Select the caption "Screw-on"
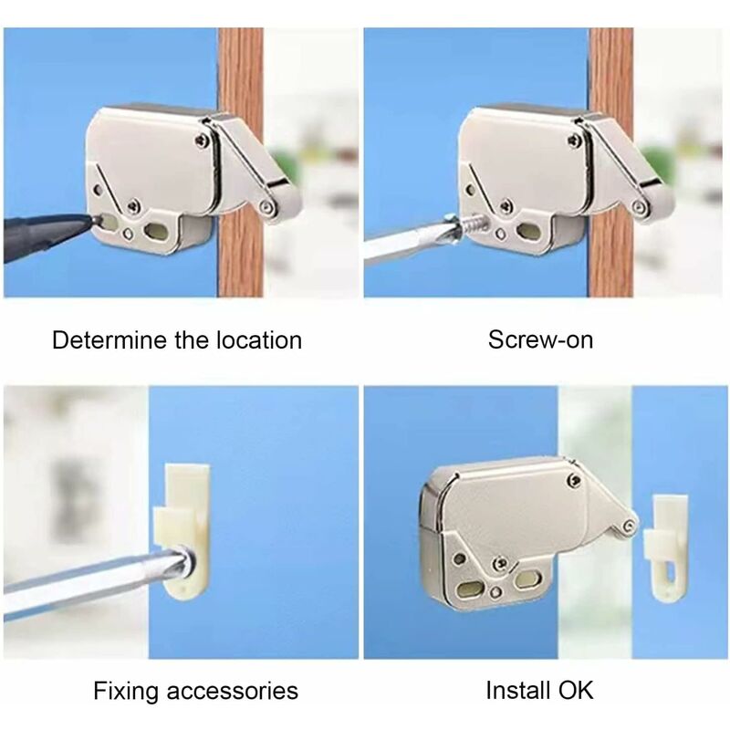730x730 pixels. (x=540, y=341)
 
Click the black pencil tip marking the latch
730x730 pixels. (x=86, y=221)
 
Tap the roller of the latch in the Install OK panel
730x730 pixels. (x=629, y=526)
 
